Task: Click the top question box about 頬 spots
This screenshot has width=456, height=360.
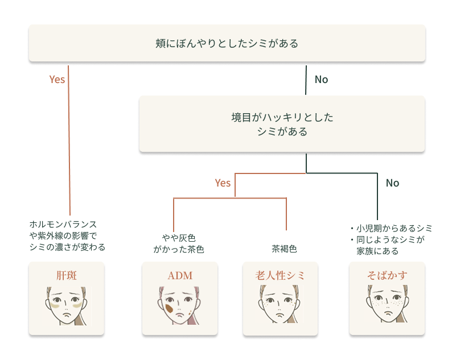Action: coord(227,43)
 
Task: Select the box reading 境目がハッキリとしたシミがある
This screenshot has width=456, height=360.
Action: coord(282,125)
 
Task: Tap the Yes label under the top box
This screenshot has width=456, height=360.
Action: coord(57,80)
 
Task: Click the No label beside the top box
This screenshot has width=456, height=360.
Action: coord(321,80)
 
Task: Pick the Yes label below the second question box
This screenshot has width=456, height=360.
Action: coord(223,183)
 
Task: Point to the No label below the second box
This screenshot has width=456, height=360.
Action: coord(392,183)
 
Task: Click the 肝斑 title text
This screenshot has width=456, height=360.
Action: coord(67,276)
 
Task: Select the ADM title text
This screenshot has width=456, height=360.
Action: coord(180,276)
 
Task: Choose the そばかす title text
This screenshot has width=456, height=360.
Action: coord(387,276)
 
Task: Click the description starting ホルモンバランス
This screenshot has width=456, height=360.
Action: coord(67,235)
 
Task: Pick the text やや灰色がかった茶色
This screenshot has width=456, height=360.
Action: coord(179,243)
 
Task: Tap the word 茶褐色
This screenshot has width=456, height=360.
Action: coord(284,249)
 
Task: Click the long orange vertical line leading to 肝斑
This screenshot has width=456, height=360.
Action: coord(69,148)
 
